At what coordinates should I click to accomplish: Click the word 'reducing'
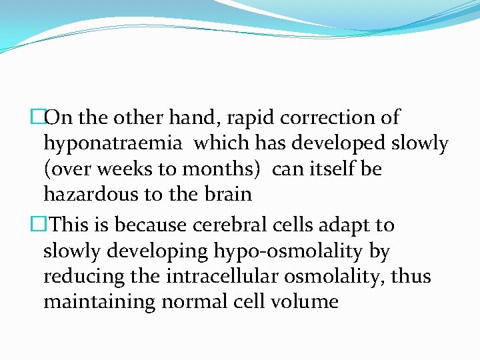pyautogui.click(x=82, y=276)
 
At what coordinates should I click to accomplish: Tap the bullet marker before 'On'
pyautogui.click(x=38, y=118)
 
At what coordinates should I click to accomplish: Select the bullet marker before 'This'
pyautogui.click(x=38, y=225)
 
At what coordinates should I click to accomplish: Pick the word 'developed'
pyautogui.click(x=339, y=143)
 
